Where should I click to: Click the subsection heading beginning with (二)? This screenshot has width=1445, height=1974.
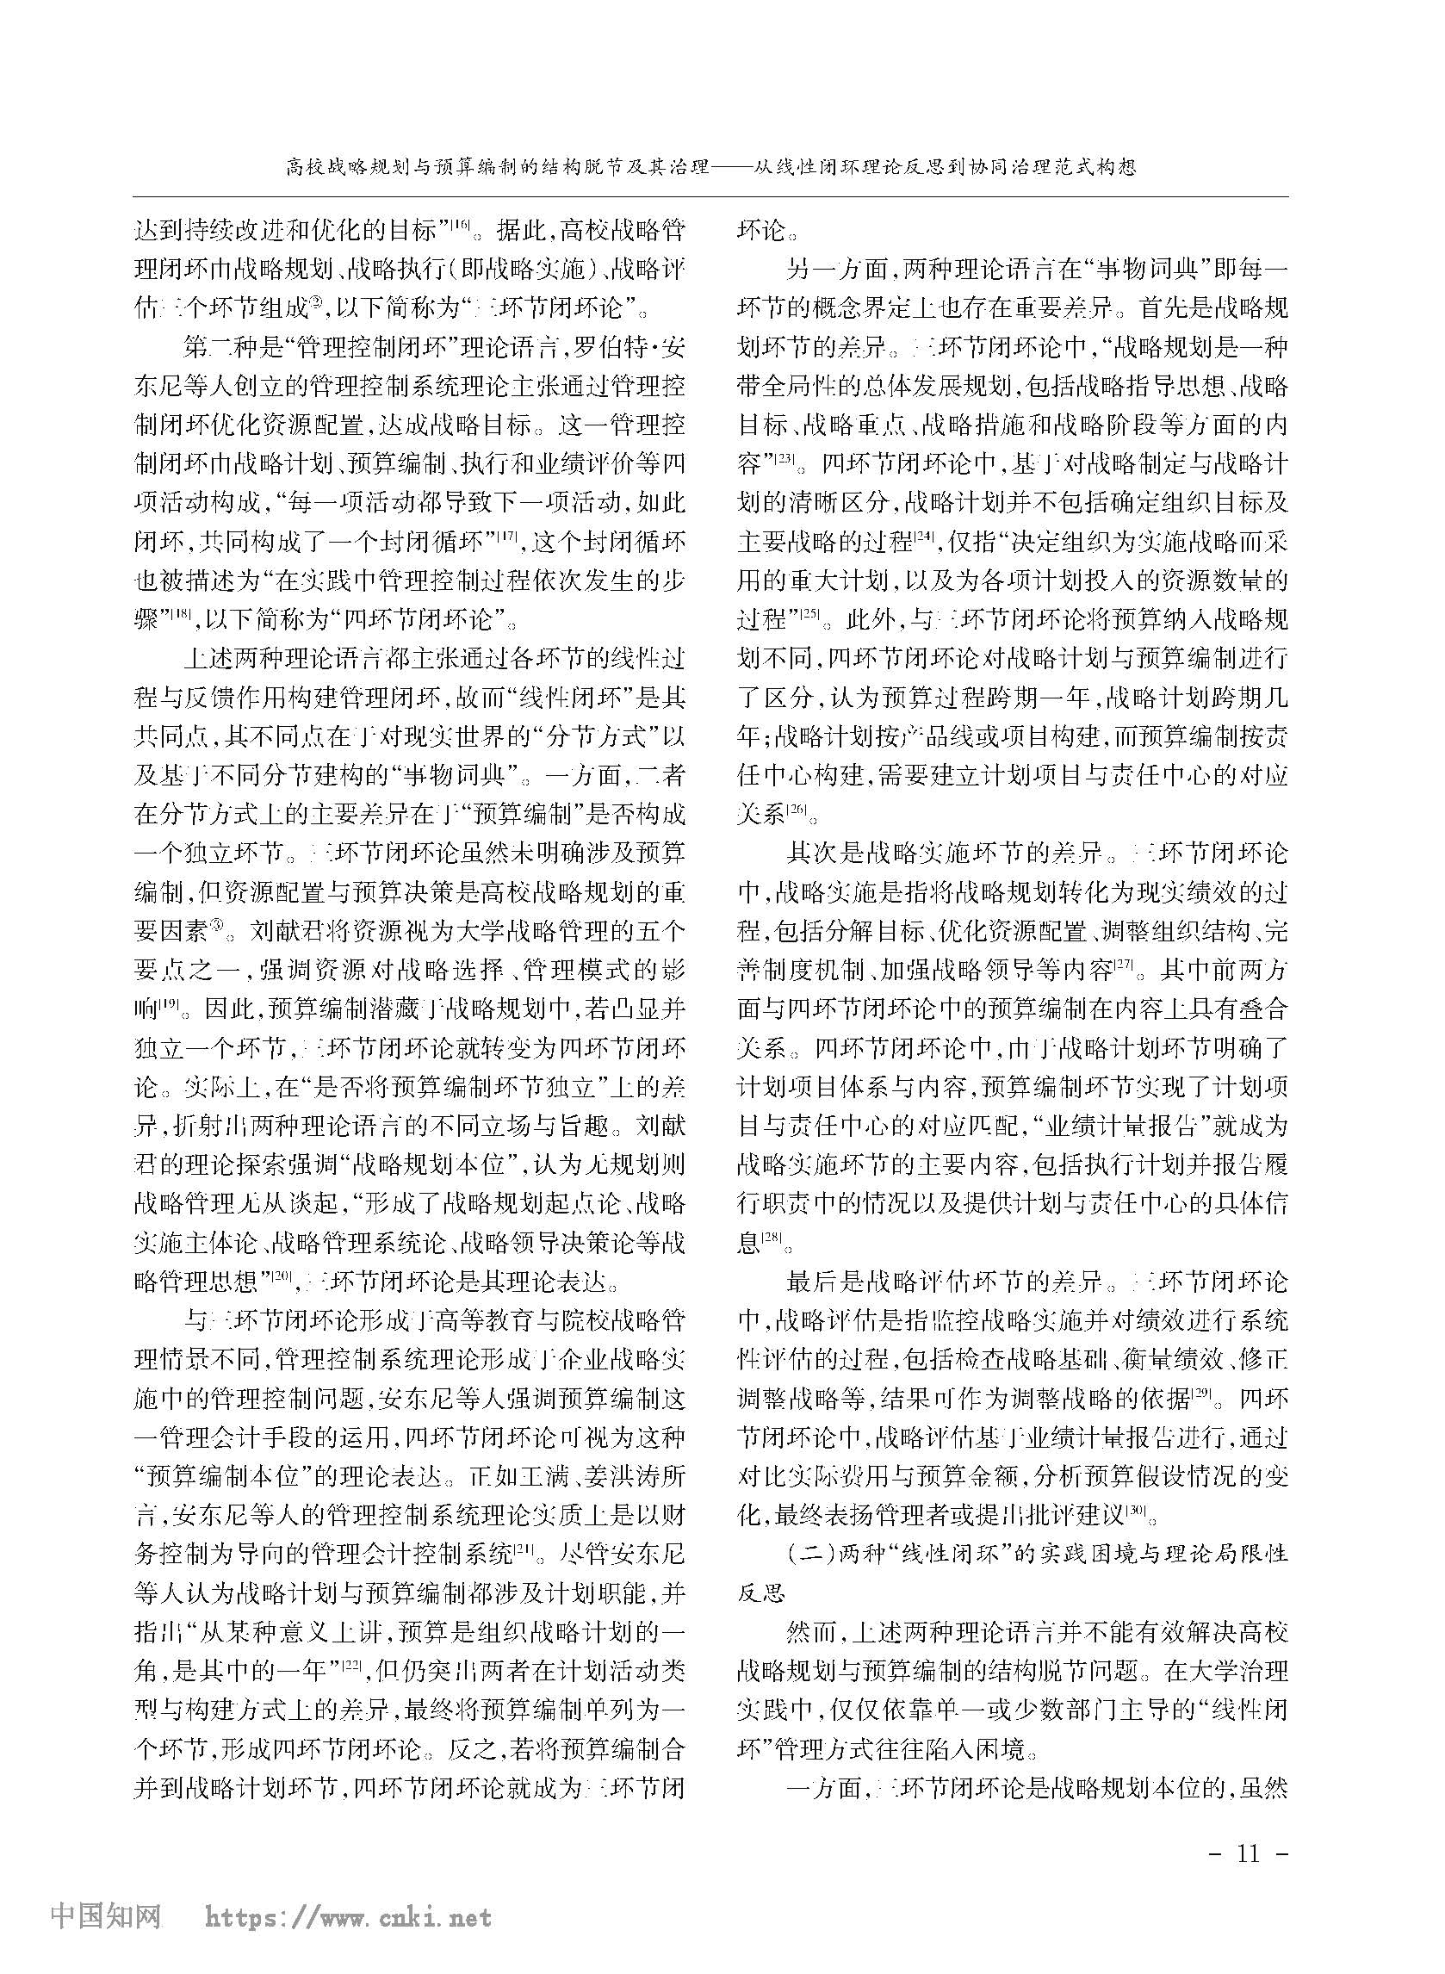click(x=1012, y=1563)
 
